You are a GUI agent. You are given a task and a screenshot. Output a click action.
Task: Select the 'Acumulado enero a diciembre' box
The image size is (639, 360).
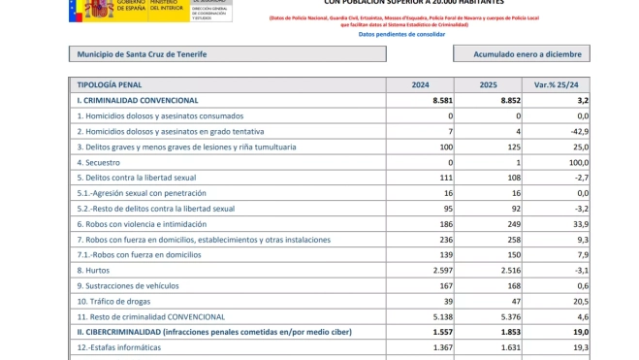click(x=520, y=54)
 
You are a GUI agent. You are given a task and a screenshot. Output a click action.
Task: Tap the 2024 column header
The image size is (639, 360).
click(x=421, y=85)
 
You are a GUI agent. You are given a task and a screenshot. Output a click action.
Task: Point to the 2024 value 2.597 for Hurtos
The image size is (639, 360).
click(x=437, y=271)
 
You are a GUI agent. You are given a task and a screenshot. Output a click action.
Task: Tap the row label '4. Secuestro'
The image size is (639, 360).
click(x=99, y=162)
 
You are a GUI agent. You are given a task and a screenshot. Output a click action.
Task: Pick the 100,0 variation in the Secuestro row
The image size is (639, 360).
click(x=576, y=162)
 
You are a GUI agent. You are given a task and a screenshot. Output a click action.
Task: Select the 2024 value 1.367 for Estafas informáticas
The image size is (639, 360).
click(x=437, y=347)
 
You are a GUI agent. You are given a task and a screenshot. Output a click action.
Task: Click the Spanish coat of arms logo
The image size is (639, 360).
click(x=97, y=9)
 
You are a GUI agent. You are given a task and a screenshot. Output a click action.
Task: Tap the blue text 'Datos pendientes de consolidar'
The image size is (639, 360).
click(x=401, y=34)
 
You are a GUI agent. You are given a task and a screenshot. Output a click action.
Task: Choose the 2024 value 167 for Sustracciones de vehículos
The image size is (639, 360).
click(x=443, y=286)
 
